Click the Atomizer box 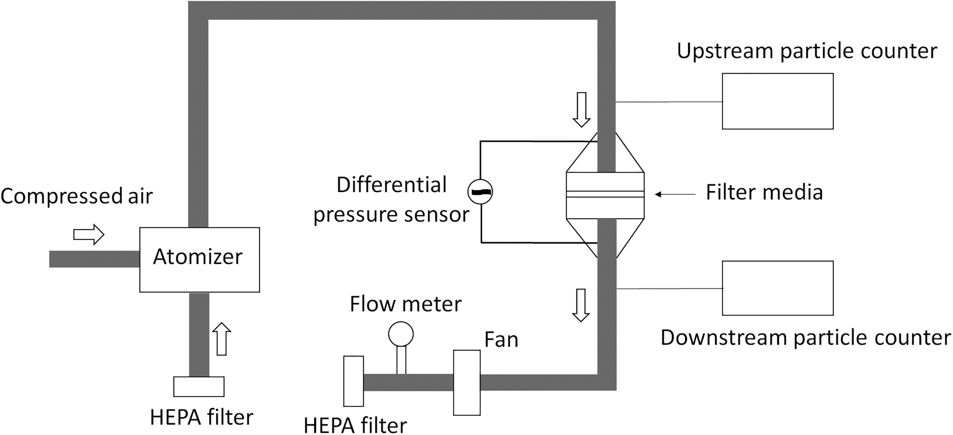click(x=199, y=260)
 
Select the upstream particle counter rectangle click(x=778, y=101)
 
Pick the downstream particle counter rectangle click(x=778, y=288)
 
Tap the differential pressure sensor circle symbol click(x=480, y=192)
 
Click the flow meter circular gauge click(x=401, y=334)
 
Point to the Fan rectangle click(x=467, y=382)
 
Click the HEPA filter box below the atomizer click(x=199, y=387)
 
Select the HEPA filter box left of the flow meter click(x=353, y=381)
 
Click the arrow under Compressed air click(x=89, y=234)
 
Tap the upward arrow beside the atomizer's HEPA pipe click(x=222, y=339)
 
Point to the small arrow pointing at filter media click(x=675, y=194)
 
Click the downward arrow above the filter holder click(x=582, y=109)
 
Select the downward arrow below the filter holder click(x=581, y=305)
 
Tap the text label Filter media click(x=764, y=192)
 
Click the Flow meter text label click(x=406, y=304)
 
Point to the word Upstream click(x=725, y=51)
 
